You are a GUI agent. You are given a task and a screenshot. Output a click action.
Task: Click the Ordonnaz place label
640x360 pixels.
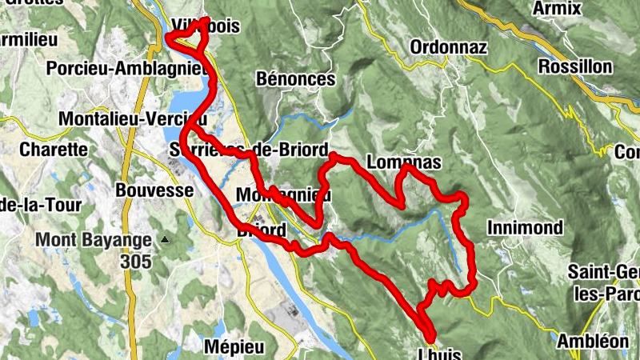coord(447,47)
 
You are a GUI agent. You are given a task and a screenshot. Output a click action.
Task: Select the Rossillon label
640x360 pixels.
coord(575,66)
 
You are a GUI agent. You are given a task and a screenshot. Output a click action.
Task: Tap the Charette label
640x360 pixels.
coord(54,149)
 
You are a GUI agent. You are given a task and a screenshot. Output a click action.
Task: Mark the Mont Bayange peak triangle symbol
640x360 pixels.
coord(165,239)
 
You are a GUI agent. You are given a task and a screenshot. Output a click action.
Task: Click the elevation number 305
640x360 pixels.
coord(138,261)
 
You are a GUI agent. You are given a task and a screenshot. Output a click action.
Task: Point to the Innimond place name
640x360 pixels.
coord(524,228)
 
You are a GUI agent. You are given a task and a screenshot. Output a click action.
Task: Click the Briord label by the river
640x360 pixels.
coord(262,230)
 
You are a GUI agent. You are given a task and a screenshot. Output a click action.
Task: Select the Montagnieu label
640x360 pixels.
coord(283,195)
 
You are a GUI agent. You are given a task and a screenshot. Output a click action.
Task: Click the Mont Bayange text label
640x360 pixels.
coord(93,239)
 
